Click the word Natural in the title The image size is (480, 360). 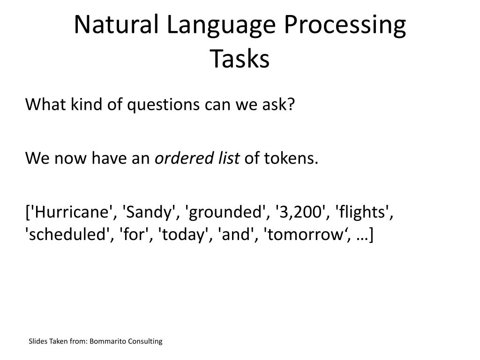116,24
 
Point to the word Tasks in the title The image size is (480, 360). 240,59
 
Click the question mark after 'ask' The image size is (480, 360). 291,104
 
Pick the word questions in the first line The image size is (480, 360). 163,105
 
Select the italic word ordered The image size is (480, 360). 184,158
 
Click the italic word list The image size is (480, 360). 229,158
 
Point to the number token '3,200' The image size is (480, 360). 300,212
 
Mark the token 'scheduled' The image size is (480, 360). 67,234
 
